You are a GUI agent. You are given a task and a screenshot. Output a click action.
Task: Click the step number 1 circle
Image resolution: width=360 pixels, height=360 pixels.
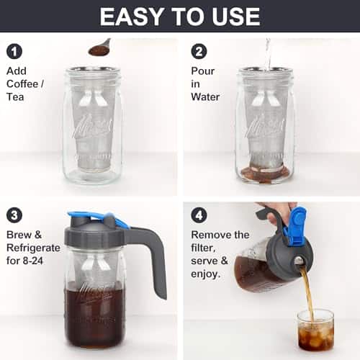coord(14,51)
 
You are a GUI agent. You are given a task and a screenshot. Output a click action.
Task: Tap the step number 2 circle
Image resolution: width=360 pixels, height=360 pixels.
coord(199,51)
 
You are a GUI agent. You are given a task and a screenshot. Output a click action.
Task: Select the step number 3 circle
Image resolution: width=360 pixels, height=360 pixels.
coord(14,215)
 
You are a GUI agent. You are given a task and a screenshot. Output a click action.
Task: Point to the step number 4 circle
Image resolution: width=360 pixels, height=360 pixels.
coord(199,215)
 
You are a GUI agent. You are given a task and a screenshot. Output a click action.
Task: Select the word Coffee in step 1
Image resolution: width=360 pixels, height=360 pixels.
coord(22,84)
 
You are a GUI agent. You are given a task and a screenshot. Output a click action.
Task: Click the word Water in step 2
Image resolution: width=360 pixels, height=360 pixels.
coord(205,97)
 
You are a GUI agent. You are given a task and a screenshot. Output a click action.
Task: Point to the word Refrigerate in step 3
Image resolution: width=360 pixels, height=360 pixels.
coord(33,248)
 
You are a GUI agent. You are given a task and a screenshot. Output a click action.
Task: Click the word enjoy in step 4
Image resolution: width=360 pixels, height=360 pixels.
coord(204,274)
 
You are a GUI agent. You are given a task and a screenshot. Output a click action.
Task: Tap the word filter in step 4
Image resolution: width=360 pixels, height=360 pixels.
coord(202,248)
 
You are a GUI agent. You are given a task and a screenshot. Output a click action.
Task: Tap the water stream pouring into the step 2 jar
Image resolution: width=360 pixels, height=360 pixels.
coord(269,55)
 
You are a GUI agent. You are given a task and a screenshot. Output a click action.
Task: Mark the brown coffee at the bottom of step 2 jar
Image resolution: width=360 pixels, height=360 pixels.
coord(265,172)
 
